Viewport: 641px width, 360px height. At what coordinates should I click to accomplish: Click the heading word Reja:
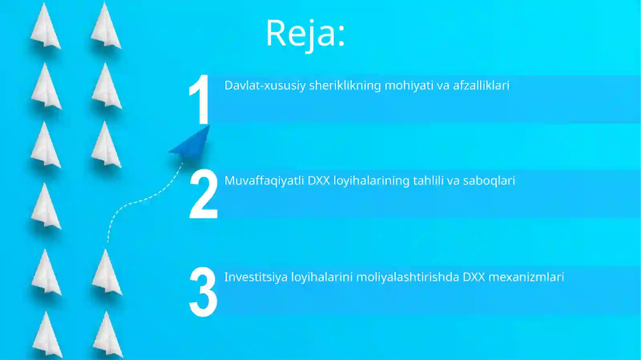(305, 33)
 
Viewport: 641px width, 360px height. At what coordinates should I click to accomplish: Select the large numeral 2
(203, 194)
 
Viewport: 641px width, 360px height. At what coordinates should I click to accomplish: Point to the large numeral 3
(203, 292)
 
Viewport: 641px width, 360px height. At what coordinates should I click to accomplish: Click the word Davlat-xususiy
(265, 85)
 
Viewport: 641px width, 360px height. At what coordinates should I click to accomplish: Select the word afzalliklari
(481, 85)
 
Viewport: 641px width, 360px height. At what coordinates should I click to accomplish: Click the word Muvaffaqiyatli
(264, 181)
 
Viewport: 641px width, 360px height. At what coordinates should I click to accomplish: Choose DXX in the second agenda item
(318, 181)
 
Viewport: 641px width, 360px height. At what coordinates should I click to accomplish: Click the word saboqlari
(489, 181)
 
